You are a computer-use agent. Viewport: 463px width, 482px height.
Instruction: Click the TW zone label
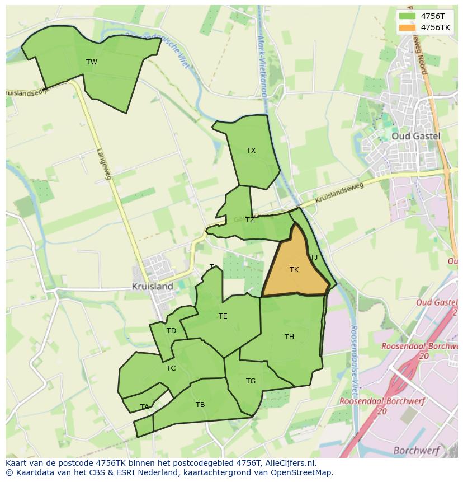(x=92, y=62)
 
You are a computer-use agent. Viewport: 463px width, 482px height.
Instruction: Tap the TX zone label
(x=251, y=150)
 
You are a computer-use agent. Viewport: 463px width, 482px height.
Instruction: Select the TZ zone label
(x=249, y=220)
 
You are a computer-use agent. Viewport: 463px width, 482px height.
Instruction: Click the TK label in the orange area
(x=294, y=270)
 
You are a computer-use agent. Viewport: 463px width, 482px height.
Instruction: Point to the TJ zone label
(x=314, y=258)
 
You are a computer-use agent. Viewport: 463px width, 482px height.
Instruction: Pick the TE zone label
(x=223, y=316)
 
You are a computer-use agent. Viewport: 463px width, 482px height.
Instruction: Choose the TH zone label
(x=289, y=336)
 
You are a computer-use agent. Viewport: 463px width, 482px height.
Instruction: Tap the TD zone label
(x=171, y=331)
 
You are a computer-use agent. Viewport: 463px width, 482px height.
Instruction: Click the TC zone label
(x=171, y=368)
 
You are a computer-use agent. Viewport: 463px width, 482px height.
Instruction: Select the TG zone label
(x=251, y=381)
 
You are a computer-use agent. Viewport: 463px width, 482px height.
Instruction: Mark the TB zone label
(x=200, y=404)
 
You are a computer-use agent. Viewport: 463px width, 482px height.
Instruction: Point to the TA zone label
(x=145, y=407)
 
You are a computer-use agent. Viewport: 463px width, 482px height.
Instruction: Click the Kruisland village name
(x=152, y=286)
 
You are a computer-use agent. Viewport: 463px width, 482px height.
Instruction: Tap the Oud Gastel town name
(x=415, y=136)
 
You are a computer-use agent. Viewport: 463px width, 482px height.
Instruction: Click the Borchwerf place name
(x=416, y=450)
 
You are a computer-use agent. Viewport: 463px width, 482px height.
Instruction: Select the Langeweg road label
(x=104, y=163)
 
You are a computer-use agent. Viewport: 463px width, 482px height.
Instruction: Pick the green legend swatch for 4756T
(x=408, y=16)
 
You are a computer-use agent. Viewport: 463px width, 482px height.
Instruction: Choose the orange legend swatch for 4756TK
(x=408, y=27)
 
